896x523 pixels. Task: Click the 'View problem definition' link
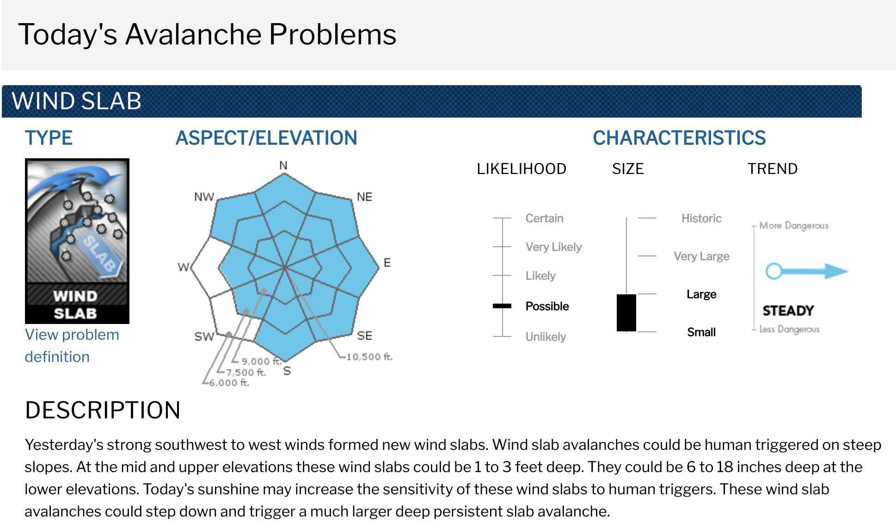tap(72, 346)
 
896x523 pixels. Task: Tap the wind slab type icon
tap(77, 241)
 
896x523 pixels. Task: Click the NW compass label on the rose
tap(204, 197)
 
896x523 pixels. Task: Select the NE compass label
tap(364, 197)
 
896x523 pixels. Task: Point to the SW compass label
tap(204, 336)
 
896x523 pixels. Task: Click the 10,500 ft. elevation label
tap(369, 356)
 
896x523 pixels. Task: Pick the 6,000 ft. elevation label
tap(229, 383)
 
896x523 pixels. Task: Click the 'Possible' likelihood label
tap(547, 306)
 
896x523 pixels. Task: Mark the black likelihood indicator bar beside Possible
tap(502, 306)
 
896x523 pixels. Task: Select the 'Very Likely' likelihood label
tap(553, 247)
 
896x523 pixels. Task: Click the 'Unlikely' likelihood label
tap(546, 337)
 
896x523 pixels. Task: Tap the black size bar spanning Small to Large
tap(626, 313)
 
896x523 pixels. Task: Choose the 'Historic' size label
tap(701, 218)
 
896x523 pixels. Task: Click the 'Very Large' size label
tap(701, 256)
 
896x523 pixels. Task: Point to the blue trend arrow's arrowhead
tap(837, 271)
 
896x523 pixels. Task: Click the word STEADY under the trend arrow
tap(788, 311)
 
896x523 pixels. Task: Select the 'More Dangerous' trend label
tap(794, 225)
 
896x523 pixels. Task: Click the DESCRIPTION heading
tap(103, 410)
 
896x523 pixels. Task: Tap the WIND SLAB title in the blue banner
tap(77, 101)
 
